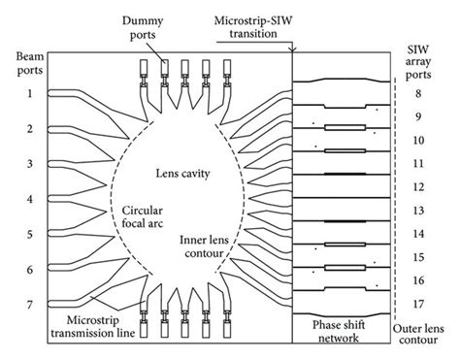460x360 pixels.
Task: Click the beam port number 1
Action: click(30, 93)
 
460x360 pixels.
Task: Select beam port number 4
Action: click(30, 199)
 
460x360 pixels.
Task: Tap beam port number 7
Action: click(30, 305)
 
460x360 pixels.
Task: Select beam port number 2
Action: click(30, 129)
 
